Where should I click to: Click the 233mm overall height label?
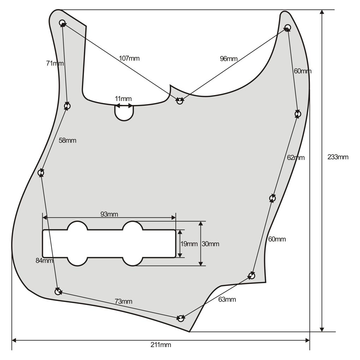pyautogui.click(x=338, y=157)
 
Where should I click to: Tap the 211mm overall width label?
pyautogui.click(x=161, y=345)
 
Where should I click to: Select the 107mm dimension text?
pyautogui.click(x=129, y=58)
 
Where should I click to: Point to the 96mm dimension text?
pyautogui.click(x=229, y=59)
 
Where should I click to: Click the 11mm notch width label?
pyautogui.click(x=123, y=99)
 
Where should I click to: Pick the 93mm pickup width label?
pyautogui.click(x=109, y=214)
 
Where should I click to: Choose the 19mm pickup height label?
pyautogui.click(x=189, y=244)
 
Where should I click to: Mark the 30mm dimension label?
pyautogui.click(x=210, y=244)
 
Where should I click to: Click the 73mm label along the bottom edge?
pyautogui.click(x=124, y=301)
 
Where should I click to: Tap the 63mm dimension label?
pyautogui.click(x=227, y=299)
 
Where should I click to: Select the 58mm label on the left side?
pyautogui.click(x=67, y=140)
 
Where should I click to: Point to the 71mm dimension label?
pyautogui.click(x=55, y=63)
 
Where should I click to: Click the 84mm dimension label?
pyautogui.click(x=44, y=260)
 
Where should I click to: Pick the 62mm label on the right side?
pyautogui.click(x=296, y=157)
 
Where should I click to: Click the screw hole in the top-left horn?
pyautogui.click(x=62, y=23)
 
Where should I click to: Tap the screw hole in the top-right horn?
pyautogui.click(x=288, y=28)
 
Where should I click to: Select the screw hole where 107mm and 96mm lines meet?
pyautogui.click(x=180, y=101)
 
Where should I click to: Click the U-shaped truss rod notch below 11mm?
pyautogui.click(x=124, y=113)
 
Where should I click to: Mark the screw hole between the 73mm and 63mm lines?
pyautogui.click(x=181, y=318)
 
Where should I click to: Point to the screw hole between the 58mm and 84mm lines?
pyautogui.click(x=41, y=173)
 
